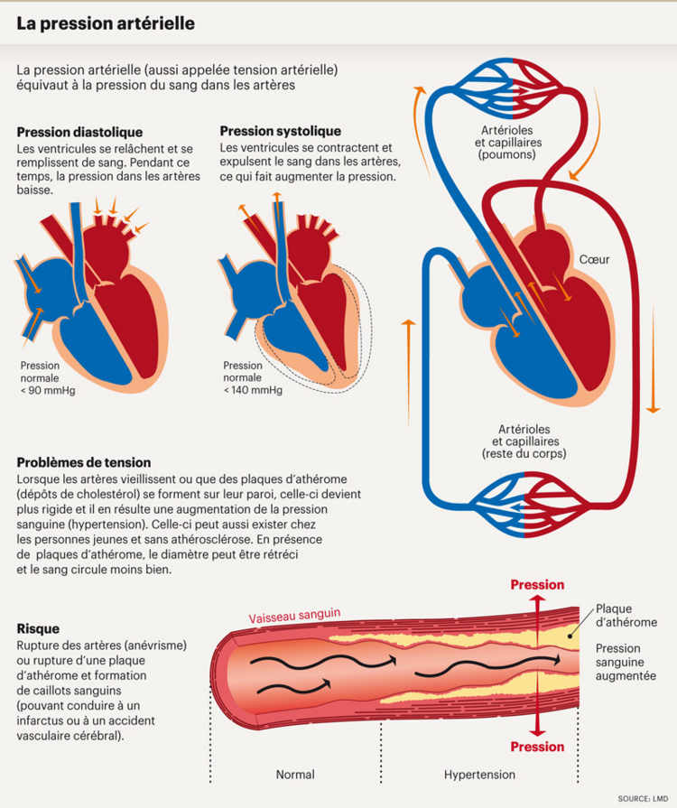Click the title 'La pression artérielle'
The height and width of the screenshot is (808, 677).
[x=106, y=23]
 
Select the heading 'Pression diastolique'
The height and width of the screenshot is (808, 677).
[x=79, y=132]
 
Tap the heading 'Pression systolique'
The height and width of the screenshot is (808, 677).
[x=281, y=132]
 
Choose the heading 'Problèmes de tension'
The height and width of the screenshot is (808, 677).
[x=84, y=463]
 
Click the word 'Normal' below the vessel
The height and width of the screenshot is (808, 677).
[x=295, y=775]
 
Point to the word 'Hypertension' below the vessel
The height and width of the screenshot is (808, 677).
[x=479, y=775]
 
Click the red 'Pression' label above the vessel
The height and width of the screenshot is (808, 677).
[x=537, y=585]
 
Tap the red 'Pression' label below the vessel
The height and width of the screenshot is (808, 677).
[x=537, y=747]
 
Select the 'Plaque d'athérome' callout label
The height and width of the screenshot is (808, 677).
[x=626, y=616]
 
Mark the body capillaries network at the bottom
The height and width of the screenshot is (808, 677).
[x=512, y=497]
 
